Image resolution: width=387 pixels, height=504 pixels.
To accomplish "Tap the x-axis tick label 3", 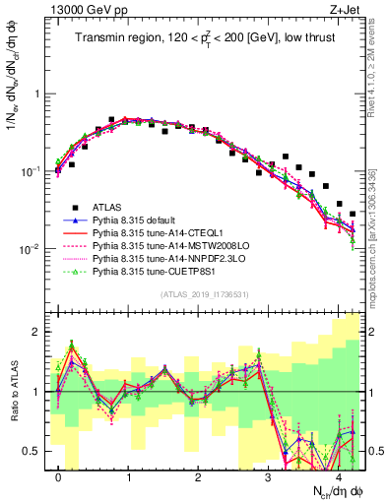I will click(268, 475).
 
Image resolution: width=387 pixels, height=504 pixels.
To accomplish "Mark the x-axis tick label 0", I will click(59, 475).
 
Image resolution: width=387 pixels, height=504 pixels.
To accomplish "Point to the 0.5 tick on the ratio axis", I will click(33, 451).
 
